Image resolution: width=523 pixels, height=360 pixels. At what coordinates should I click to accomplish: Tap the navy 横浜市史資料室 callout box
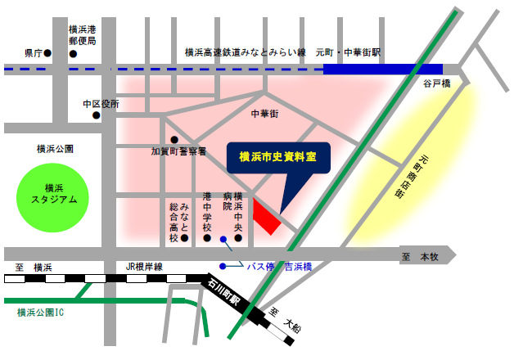click(x=277, y=156)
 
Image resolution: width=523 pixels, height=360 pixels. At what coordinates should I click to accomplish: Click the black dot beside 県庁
click(x=47, y=53)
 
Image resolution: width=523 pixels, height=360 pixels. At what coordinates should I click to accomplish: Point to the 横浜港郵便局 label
click(x=82, y=34)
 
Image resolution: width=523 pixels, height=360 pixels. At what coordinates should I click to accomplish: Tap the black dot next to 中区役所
click(x=96, y=115)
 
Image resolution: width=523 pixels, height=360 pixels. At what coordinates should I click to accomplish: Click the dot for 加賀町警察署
click(x=174, y=139)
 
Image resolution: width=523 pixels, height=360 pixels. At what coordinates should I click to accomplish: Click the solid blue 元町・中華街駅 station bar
click(x=383, y=70)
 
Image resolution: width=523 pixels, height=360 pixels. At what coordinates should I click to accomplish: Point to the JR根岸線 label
click(x=145, y=267)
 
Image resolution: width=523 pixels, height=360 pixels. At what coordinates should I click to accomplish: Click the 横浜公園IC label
click(x=40, y=313)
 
